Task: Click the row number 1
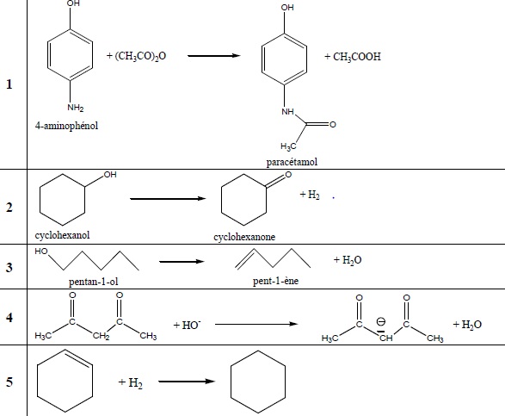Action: pyautogui.click(x=9, y=84)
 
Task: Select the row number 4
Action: pyautogui.click(x=9, y=318)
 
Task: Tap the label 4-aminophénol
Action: pyautogui.click(x=66, y=126)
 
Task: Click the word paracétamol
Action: pyautogui.click(x=292, y=162)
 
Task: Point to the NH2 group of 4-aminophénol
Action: pyautogui.click(x=76, y=108)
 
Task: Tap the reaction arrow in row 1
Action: pyautogui.click(x=214, y=56)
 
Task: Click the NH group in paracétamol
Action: pyautogui.click(x=287, y=112)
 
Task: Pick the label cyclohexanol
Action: pyautogui.click(x=62, y=235)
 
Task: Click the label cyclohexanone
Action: pyautogui.click(x=244, y=237)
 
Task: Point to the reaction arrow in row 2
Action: pyautogui.click(x=168, y=199)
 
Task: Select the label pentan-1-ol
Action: pyautogui.click(x=94, y=282)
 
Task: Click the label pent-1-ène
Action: pyautogui.click(x=275, y=281)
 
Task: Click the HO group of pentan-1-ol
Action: pyautogui.click(x=41, y=251)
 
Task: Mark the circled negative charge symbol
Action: pyautogui.click(x=381, y=321)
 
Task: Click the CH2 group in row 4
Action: pyautogui.click(x=101, y=336)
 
